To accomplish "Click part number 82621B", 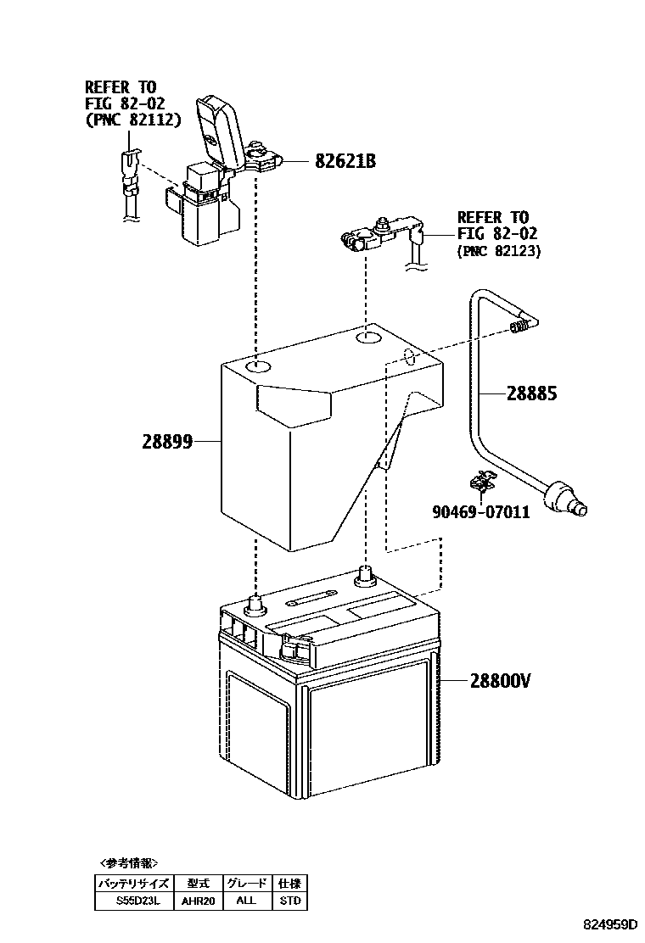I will tap(345, 161).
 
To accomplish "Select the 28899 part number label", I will tap(167, 441).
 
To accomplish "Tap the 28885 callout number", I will tap(532, 393).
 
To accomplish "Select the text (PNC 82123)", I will tap(498, 251).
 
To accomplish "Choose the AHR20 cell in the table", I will tap(199, 901).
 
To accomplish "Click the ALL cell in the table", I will tap(246, 901).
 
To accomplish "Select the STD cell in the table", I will tap(289, 901).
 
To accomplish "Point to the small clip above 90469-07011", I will tap(482, 482).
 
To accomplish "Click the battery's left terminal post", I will tap(254, 605).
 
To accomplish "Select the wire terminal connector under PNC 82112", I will tap(128, 174).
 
